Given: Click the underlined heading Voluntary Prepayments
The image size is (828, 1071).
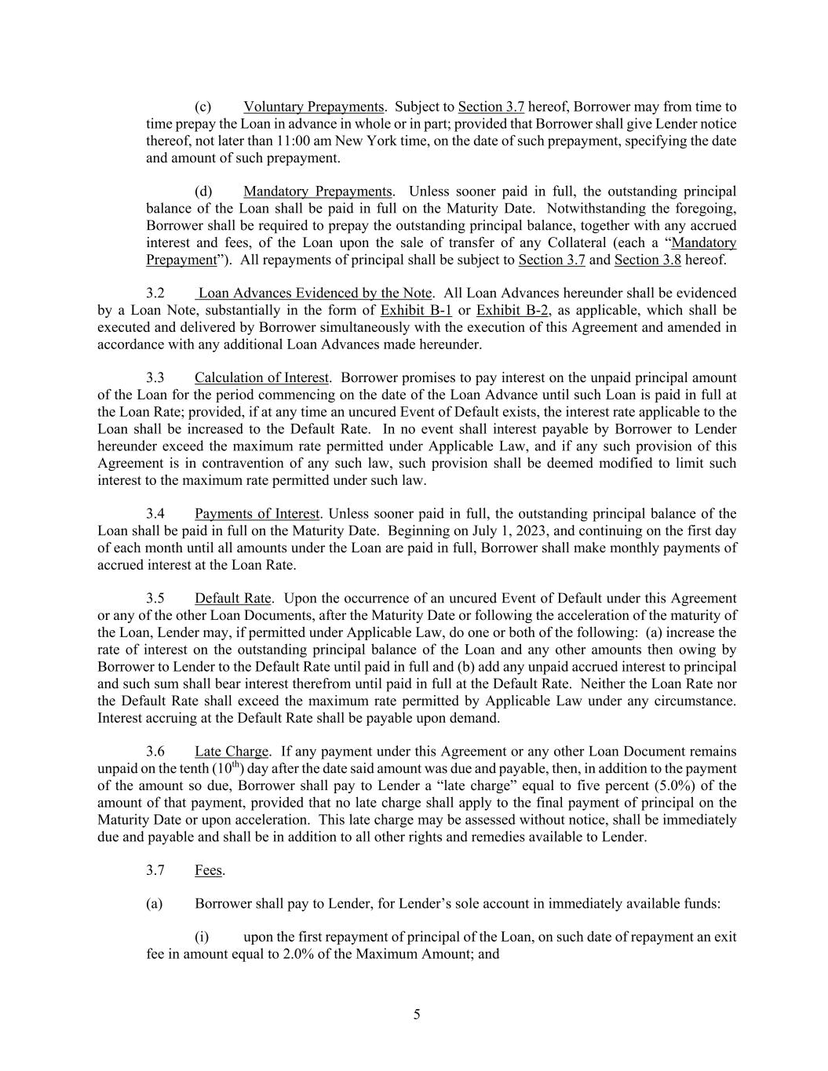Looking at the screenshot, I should (313, 107).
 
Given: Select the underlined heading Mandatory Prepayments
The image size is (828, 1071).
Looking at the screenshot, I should (318, 191).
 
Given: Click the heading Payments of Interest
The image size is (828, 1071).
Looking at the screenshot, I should (257, 514).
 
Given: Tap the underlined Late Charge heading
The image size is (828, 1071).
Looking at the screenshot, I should (232, 752).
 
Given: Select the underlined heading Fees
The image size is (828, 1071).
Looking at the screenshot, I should (209, 870).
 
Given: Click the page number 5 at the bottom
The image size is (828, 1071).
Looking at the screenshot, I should (417, 1015).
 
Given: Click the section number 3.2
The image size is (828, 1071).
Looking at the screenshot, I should (155, 293).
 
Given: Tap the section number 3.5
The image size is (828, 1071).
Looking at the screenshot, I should (155, 599).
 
